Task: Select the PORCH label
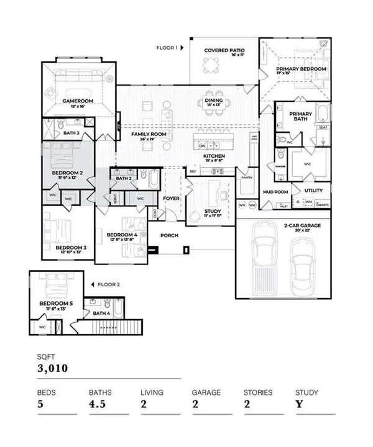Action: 170,235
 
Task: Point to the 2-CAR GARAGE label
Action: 302,225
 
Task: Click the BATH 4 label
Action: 102,313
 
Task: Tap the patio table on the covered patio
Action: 213,64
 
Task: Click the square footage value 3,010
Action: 53,368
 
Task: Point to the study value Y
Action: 298,408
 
